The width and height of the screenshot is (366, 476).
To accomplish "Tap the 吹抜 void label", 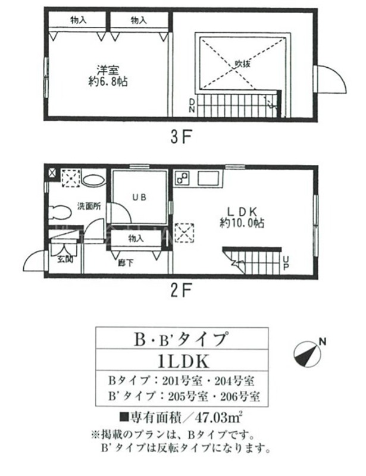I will tap(242, 62).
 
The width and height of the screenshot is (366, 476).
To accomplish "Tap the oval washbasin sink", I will tap(93, 180).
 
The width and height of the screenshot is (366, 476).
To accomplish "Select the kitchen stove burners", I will tap(183, 177).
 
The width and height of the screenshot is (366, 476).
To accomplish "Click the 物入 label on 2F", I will tap(136, 238).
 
